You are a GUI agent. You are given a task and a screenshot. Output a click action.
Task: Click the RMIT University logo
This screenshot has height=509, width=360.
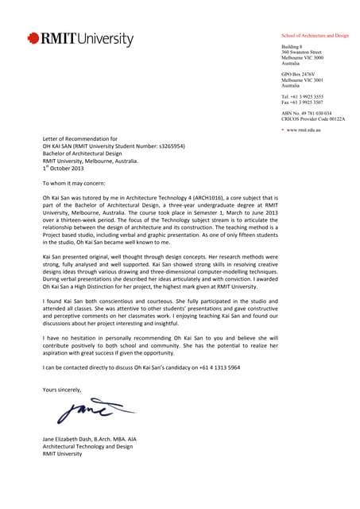(80, 38)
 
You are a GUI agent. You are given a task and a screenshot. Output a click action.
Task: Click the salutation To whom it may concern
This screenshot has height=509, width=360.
(77, 182)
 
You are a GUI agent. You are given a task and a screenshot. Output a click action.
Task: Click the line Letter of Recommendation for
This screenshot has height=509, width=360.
(79, 139)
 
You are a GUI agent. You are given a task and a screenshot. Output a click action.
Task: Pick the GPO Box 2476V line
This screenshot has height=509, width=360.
(301, 75)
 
